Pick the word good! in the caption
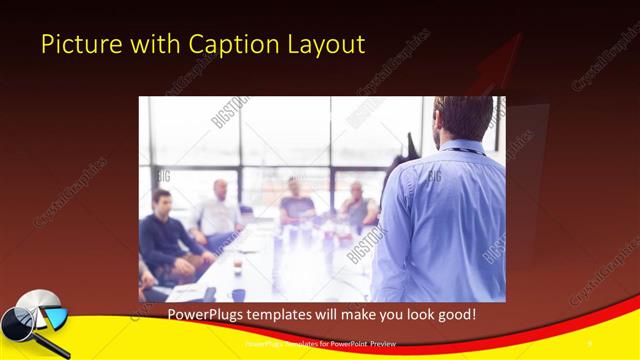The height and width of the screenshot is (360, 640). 453,314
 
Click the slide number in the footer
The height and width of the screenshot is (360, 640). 589,345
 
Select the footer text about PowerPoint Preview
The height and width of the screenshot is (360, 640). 319,345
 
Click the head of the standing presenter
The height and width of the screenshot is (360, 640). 463,117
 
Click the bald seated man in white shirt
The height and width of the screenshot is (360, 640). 219,210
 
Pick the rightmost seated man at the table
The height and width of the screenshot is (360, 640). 356,206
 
